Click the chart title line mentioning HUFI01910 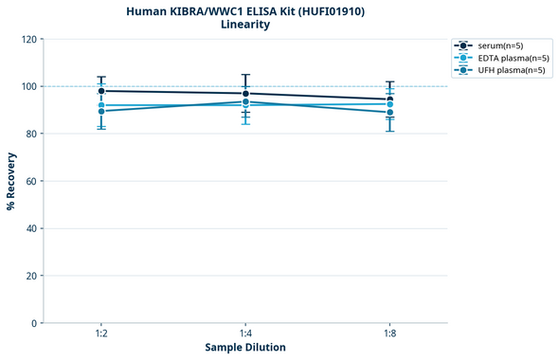[245, 10]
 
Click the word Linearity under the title [245, 25]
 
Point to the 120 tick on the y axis [29, 39]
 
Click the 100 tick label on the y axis [29, 86]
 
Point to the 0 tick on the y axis [35, 323]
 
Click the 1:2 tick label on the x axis [101, 334]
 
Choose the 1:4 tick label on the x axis [245, 334]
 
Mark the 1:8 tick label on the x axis [389, 334]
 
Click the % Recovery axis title [11, 181]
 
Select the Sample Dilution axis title [245, 348]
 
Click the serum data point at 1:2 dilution [101, 91]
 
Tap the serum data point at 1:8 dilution [389, 99]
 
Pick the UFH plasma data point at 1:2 [101, 112]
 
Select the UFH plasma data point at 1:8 [389, 113]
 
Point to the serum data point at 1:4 [245, 94]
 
